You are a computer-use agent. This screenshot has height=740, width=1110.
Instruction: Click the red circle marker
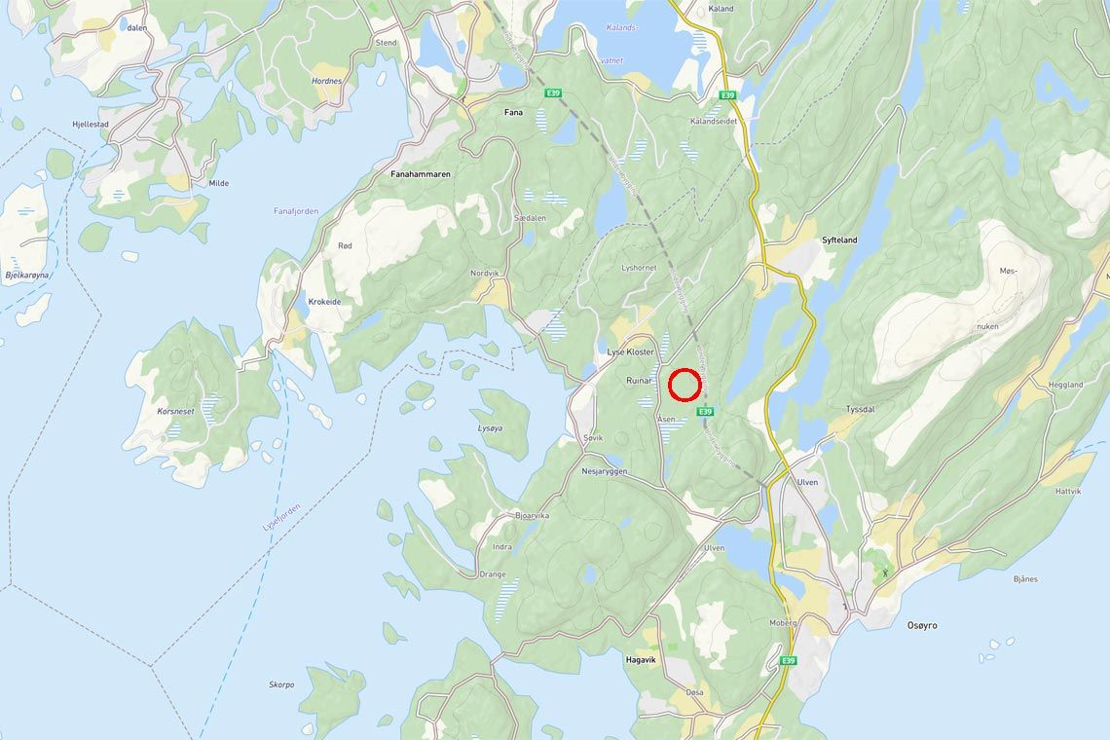click(685, 385)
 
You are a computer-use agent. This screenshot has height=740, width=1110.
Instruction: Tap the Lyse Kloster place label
click(631, 351)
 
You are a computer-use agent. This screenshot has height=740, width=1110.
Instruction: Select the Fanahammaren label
click(420, 174)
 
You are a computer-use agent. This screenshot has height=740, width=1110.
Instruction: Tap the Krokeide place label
click(324, 302)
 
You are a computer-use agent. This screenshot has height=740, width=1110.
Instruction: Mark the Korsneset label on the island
click(175, 412)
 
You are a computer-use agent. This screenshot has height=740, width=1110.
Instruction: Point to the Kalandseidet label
click(714, 122)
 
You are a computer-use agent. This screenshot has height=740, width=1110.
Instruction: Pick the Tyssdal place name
click(860, 409)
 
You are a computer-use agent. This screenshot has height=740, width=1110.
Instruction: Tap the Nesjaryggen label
click(605, 471)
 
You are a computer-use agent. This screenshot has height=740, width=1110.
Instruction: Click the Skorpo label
click(281, 684)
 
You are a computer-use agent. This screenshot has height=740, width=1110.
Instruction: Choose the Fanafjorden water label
click(296, 211)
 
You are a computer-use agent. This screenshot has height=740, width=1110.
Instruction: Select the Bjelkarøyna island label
click(27, 276)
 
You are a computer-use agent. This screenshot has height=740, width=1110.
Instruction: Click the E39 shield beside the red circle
click(706, 411)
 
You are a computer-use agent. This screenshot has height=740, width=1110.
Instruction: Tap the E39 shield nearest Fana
click(553, 93)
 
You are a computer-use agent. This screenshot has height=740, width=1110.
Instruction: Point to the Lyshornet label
click(639, 268)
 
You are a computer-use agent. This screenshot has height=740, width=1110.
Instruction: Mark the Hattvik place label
click(1067, 492)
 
